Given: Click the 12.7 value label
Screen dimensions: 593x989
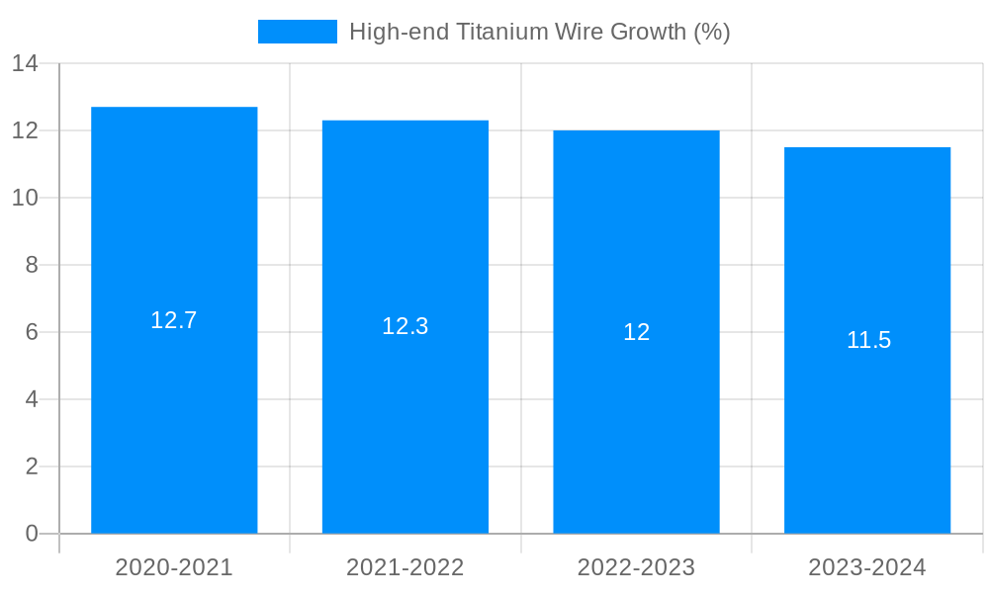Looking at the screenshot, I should (174, 320).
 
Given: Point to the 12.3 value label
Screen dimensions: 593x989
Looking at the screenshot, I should (405, 326).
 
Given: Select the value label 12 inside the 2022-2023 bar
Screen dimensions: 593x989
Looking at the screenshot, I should (636, 332).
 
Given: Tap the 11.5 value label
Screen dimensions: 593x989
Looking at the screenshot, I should (868, 340).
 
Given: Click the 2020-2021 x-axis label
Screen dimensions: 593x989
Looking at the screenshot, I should (174, 567).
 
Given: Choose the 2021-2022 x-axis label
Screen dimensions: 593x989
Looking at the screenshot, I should (405, 567).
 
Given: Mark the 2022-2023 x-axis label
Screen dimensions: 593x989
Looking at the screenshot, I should (636, 567).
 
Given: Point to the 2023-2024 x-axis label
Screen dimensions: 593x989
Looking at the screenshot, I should (867, 567).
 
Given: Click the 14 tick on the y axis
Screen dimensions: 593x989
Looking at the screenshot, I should (25, 64).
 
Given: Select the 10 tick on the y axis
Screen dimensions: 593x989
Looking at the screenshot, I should (25, 198).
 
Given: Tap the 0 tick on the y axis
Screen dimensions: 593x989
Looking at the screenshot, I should (32, 534).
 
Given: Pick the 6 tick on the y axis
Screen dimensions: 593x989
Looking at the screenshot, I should (32, 332).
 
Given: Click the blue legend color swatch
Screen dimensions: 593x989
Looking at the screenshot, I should (297, 32).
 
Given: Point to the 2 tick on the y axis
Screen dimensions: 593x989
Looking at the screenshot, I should (32, 466).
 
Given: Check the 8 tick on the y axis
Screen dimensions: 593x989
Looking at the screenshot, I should (32, 265).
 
